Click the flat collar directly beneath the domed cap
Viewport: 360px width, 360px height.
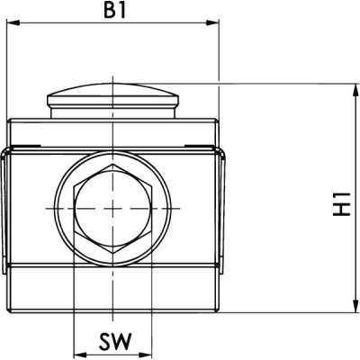point(113,113)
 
